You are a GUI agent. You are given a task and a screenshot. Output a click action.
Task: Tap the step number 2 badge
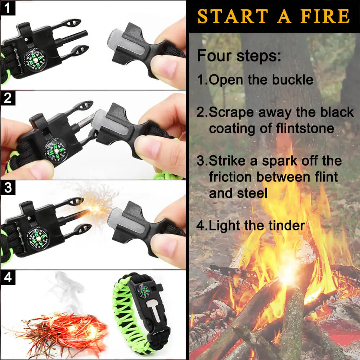[x=8, y=98]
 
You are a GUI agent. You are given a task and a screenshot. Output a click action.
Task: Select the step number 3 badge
[x=8, y=188]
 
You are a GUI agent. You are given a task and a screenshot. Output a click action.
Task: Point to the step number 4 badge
[x=8, y=278]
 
